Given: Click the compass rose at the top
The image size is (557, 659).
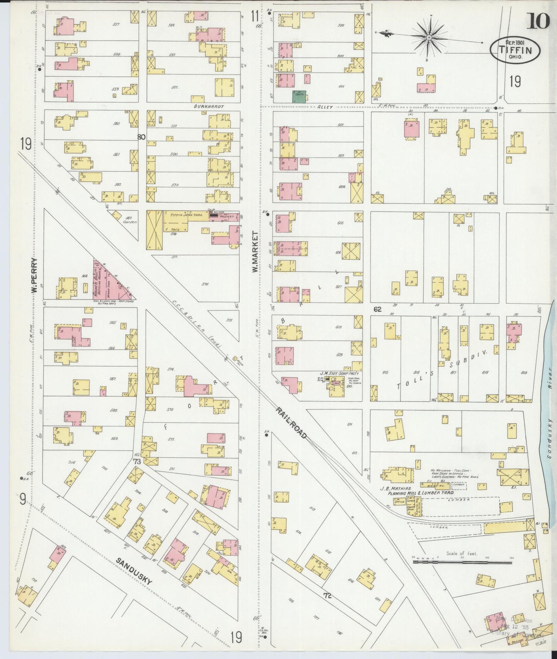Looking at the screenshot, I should (429, 37).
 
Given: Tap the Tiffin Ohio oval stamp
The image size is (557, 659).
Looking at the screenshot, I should (515, 49).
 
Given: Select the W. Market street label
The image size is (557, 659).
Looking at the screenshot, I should (255, 252).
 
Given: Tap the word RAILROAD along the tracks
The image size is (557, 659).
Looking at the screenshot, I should (291, 423).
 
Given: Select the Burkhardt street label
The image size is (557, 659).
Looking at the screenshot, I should (209, 106).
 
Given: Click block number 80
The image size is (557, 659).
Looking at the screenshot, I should (141, 137).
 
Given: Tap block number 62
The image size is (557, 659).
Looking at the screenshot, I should (377, 309).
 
